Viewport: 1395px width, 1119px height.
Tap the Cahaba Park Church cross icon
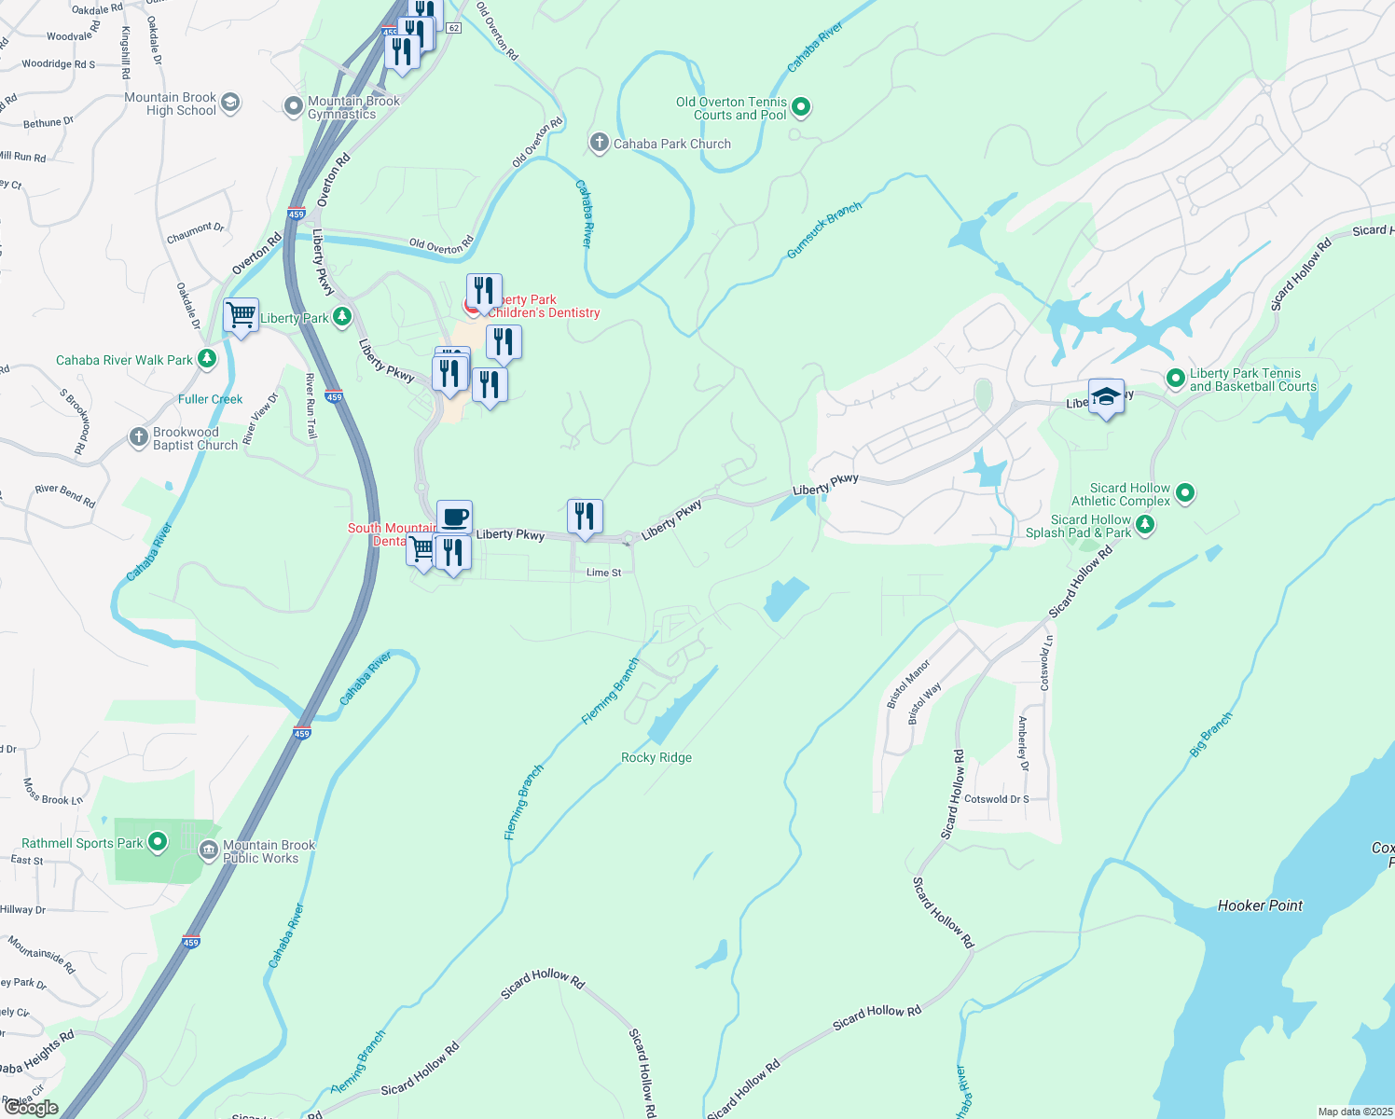(599, 143)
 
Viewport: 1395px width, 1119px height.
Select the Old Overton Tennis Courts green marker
(802, 108)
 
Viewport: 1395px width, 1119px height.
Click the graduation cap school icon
(1106, 396)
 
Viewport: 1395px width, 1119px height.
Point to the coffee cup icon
(454, 517)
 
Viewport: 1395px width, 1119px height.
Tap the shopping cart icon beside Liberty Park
(241, 315)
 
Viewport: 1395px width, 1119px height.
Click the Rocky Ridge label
(656, 757)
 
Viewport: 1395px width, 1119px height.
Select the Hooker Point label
(1260, 905)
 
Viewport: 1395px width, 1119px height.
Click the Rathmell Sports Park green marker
(158, 843)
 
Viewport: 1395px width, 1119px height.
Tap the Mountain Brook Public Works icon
(209, 850)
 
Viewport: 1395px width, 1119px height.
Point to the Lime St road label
(603, 573)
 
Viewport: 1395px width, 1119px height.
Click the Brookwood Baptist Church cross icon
(138, 436)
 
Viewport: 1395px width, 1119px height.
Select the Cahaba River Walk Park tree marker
(207, 359)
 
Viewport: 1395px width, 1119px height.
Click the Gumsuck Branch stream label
(823, 230)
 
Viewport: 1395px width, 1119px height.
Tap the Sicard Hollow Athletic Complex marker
(1185, 492)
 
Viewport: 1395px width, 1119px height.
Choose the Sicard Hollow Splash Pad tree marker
(1145, 525)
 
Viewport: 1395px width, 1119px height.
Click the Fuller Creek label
(210, 399)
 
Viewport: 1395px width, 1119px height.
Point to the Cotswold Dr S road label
(996, 799)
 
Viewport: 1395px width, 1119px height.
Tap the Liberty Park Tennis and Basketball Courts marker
(1176, 378)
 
